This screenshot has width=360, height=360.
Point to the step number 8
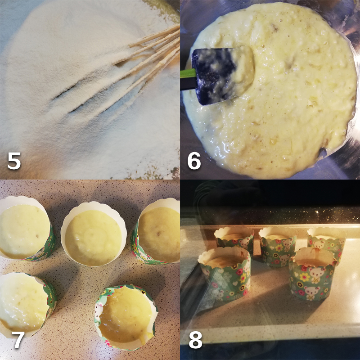pyautogui.click(x=195, y=340)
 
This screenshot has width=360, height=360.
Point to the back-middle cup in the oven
pyautogui.click(x=278, y=245)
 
